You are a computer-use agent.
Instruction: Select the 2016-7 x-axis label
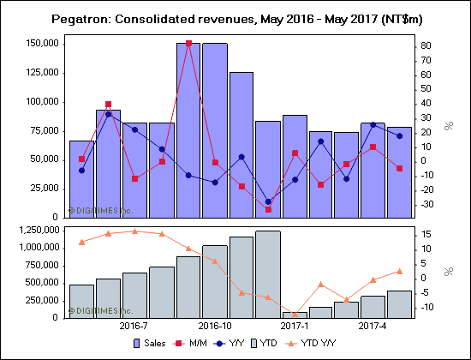[x=134, y=326]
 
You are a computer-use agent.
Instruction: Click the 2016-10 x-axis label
[x=215, y=326]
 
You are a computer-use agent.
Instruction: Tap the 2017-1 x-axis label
[x=295, y=326]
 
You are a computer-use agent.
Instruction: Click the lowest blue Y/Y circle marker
[x=268, y=201]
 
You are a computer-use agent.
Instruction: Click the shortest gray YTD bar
[x=295, y=315]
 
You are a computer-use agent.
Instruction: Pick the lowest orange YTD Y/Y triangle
[x=295, y=314]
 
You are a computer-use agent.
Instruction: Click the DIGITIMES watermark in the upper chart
[x=101, y=209]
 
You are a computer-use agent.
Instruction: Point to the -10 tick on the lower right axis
[x=426, y=307]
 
